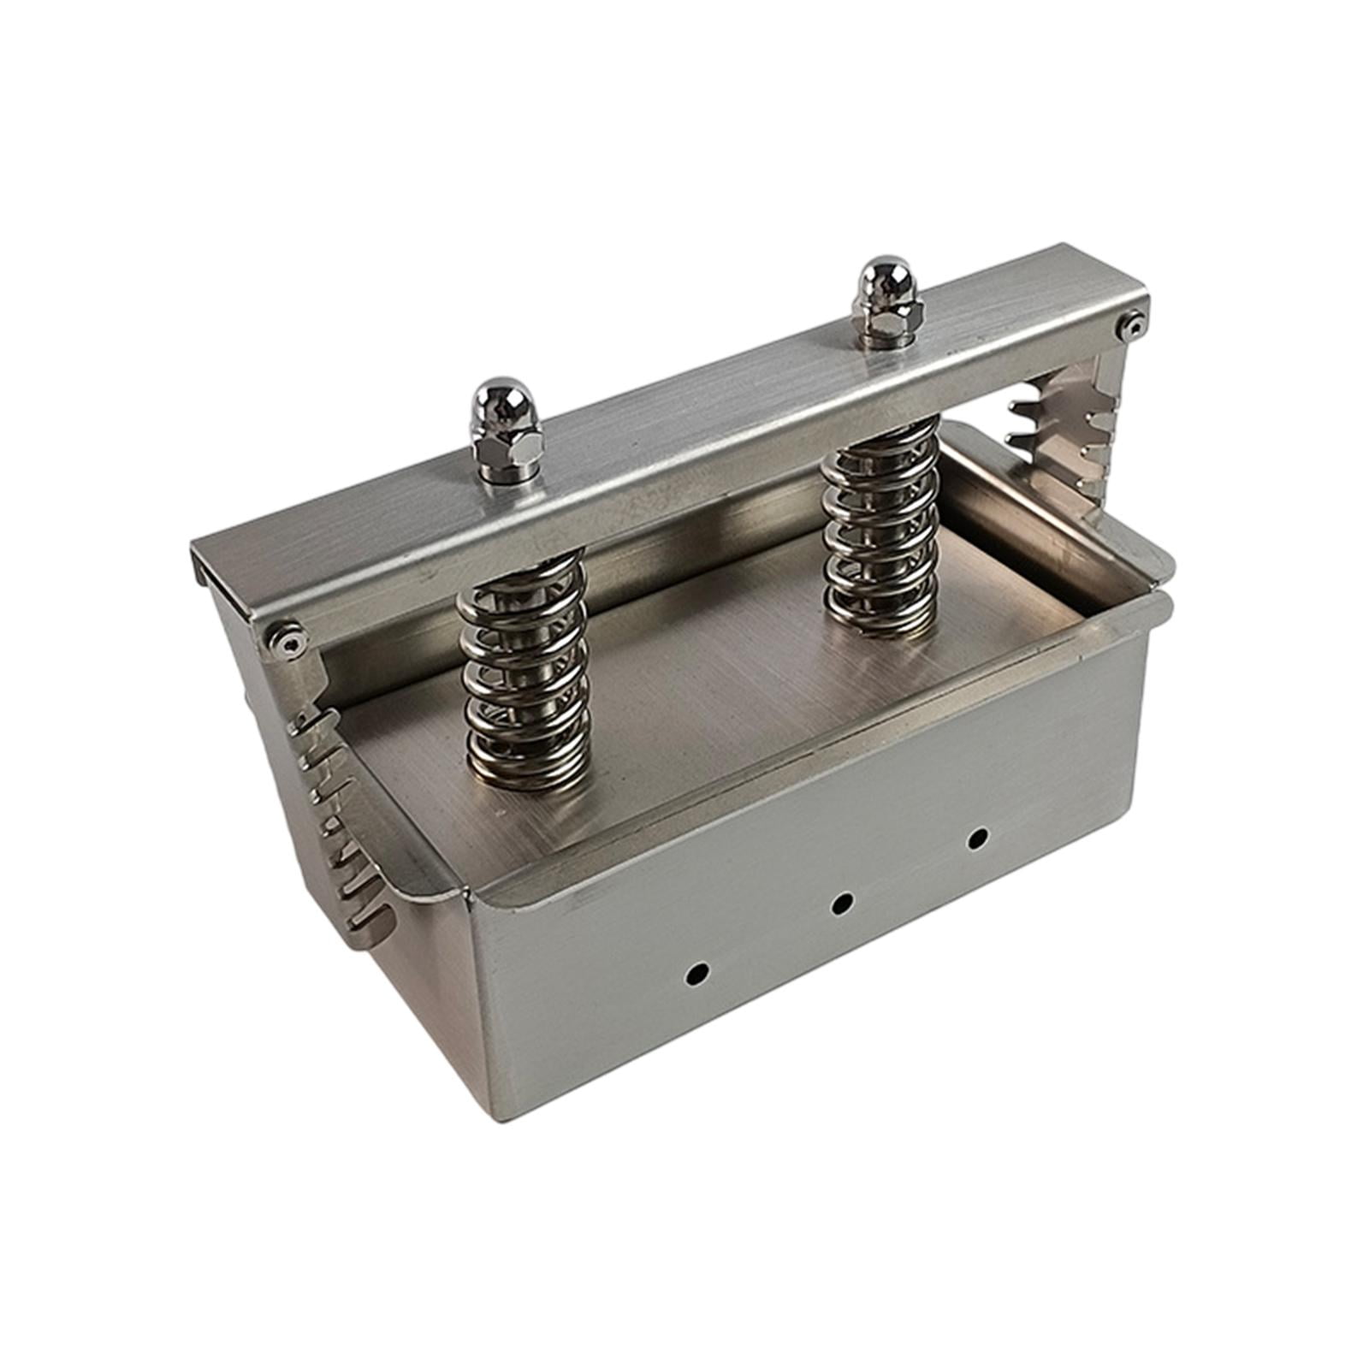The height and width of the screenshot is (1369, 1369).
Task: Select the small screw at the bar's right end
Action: click(x=1134, y=323)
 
